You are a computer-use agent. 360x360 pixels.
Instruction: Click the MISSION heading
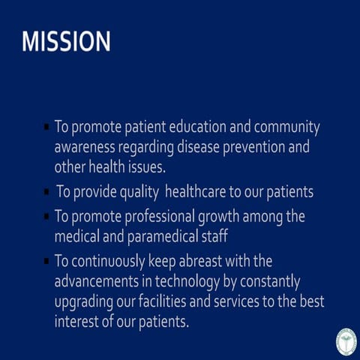coord(66,42)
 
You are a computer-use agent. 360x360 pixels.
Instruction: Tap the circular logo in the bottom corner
coord(346,340)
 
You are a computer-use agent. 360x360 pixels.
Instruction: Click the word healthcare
coord(197,192)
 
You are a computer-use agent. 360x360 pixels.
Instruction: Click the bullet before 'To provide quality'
coord(46,193)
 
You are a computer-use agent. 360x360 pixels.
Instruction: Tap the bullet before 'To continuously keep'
coord(46,262)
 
